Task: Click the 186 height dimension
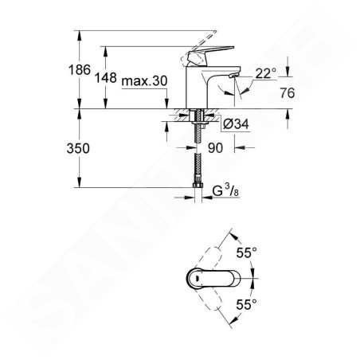point(80,70)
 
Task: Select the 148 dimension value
point(106,78)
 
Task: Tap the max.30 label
point(144,80)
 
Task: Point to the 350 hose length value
point(78,149)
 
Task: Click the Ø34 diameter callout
point(236,124)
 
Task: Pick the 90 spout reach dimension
point(215,148)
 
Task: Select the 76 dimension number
point(288,93)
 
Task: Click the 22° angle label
point(266,73)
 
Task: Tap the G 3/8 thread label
point(225,190)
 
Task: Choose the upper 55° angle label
point(247,252)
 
